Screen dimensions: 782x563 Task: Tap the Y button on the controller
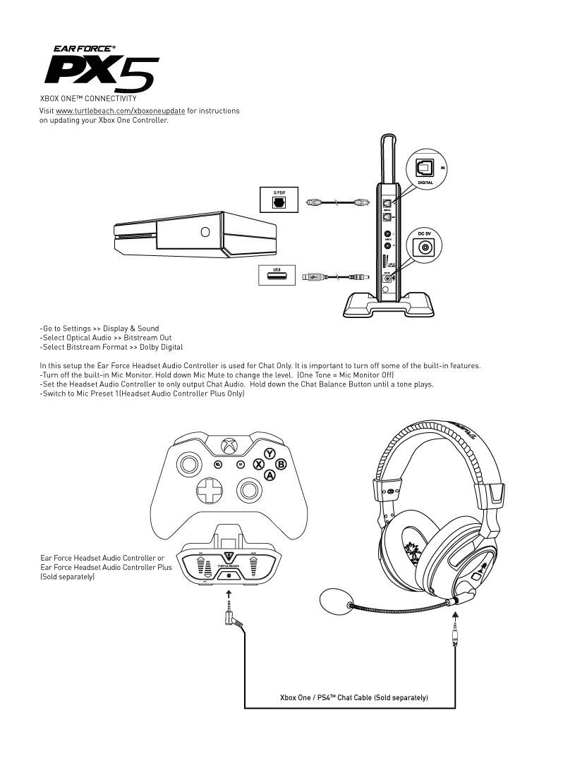pos(270,453)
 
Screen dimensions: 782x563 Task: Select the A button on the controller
pos(270,476)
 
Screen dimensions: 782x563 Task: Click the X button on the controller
pos(258,465)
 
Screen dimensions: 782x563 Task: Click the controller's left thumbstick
pos(189,464)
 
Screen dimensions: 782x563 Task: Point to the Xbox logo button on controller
pos(229,446)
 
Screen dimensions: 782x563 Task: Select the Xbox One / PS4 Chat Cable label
pos(354,698)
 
